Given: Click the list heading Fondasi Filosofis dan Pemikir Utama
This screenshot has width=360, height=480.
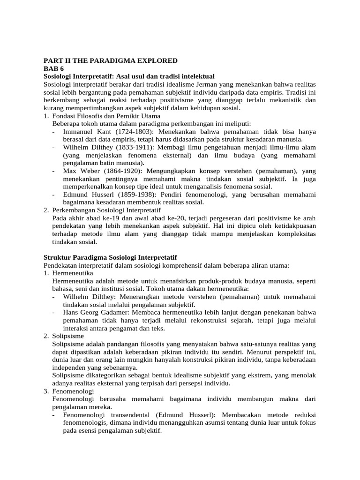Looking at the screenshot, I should tap(106, 116).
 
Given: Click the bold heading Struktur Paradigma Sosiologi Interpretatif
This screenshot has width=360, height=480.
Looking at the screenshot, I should tap(110, 258).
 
